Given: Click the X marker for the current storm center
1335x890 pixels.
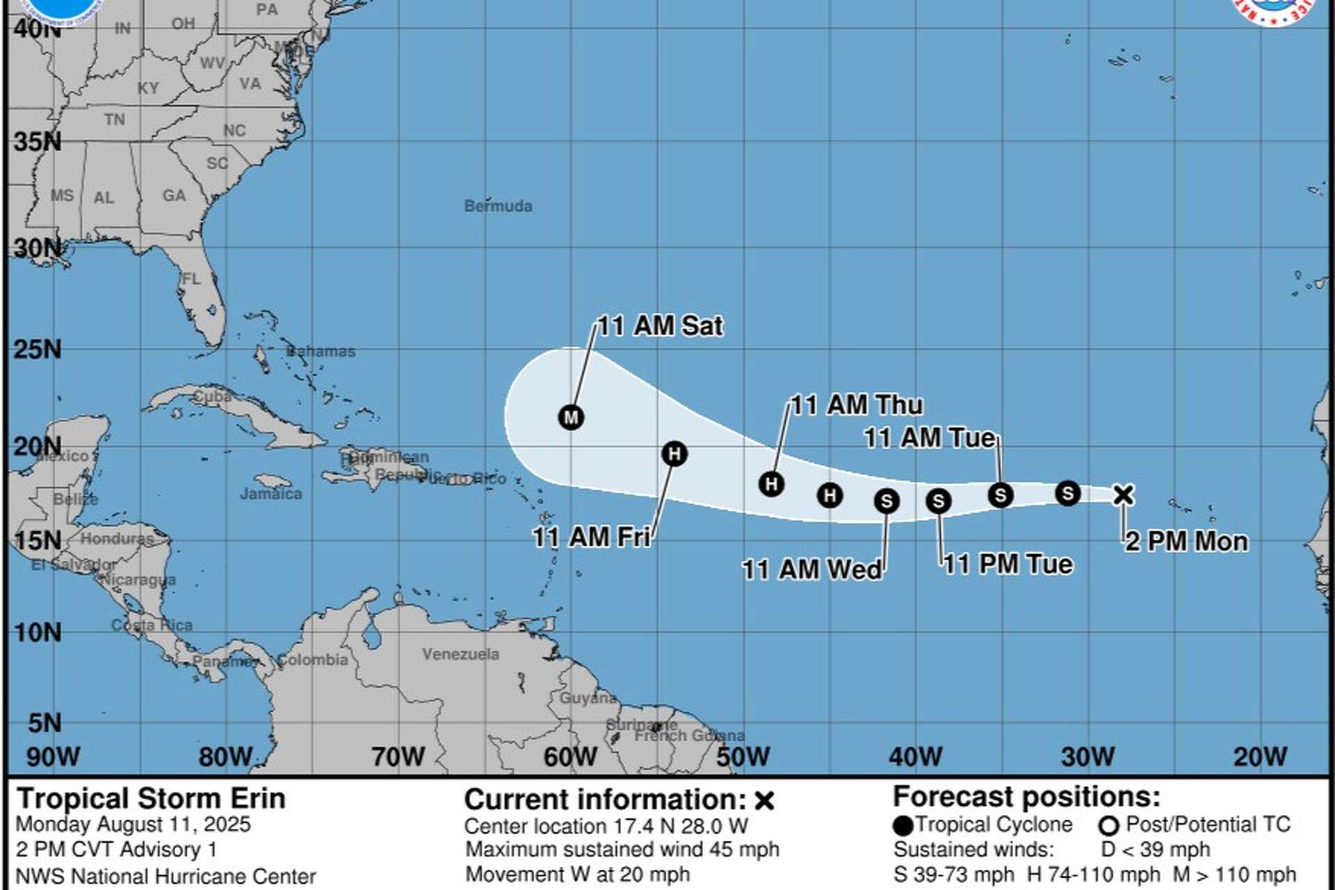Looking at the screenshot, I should pos(1123,494).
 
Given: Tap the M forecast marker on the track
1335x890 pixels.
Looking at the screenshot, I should pos(571,417).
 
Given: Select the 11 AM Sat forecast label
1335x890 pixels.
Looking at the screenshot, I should pos(660,325).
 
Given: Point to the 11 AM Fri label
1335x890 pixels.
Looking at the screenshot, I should pos(592,537).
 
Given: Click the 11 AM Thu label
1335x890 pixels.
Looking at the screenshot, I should pos(857,405).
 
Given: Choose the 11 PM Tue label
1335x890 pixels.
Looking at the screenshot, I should pos(1008,564).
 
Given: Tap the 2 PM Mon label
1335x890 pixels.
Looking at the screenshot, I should pos(1187,541).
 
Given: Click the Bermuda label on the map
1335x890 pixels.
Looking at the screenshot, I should pos(498,206).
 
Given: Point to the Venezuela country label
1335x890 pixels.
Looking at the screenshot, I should pos(460,654).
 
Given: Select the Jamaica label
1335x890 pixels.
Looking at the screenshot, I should pos(270,494).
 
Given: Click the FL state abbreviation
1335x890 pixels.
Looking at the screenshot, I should pos(191,279).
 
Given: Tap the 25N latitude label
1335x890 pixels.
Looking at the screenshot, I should pos(38,349).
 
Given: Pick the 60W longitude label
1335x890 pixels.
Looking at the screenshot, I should pos(570,756).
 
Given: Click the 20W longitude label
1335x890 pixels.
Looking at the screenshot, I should pos(1260,756).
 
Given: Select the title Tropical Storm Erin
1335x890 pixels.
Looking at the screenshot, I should pos(151,798).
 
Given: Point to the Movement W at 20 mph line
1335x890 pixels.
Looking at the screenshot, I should pos(577,874).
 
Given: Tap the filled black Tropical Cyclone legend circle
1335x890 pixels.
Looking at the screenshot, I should pos(903,826).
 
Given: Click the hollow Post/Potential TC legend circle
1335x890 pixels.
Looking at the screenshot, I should pos(1108,826).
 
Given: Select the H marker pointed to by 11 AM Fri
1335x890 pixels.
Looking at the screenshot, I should pos(674,454).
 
